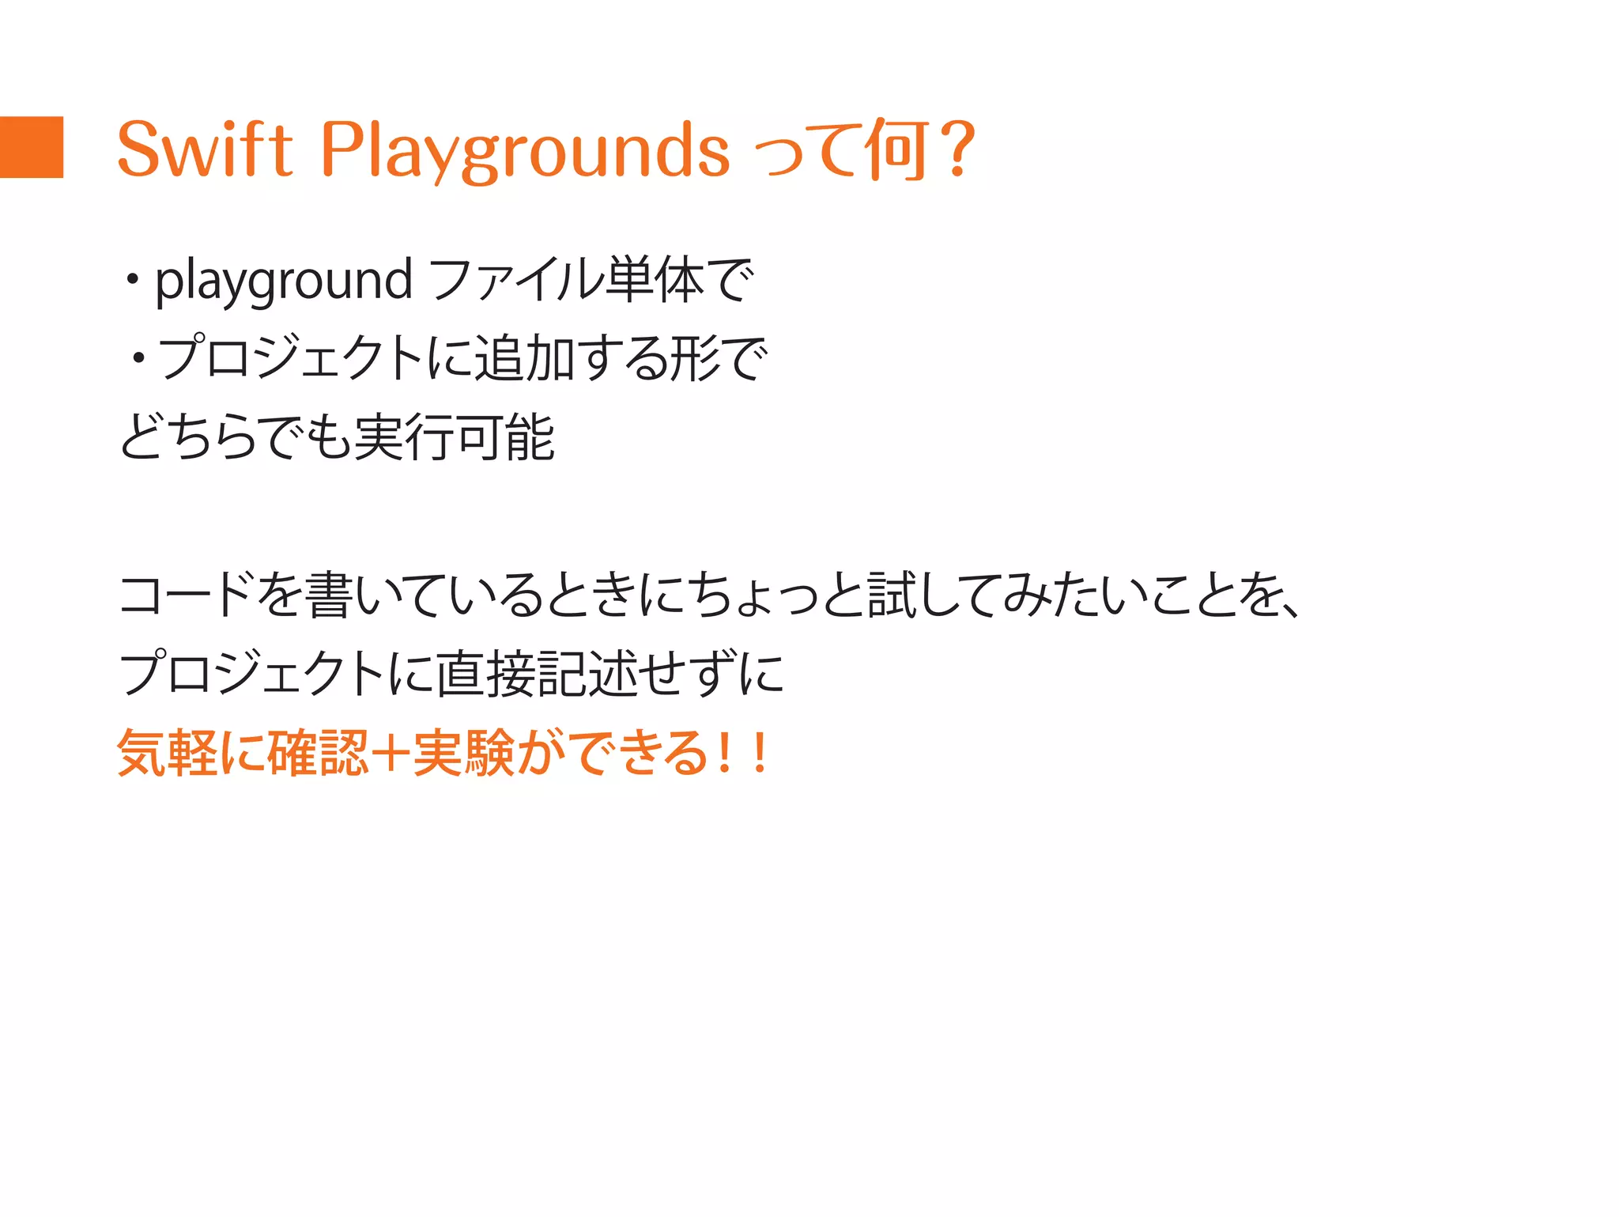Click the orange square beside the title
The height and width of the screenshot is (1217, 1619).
(x=32, y=147)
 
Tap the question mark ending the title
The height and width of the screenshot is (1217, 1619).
(x=959, y=149)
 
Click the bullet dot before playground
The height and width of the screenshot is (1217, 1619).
(x=132, y=280)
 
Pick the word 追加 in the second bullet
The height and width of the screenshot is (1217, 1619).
(x=523, y=358)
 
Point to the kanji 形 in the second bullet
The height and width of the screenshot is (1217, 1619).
(x=694, y=358)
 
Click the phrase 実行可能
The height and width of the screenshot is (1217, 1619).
(x=454, y=437)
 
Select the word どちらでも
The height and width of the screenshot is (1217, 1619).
(x=235, y=437)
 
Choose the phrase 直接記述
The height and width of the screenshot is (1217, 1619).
(x=537, y=674)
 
